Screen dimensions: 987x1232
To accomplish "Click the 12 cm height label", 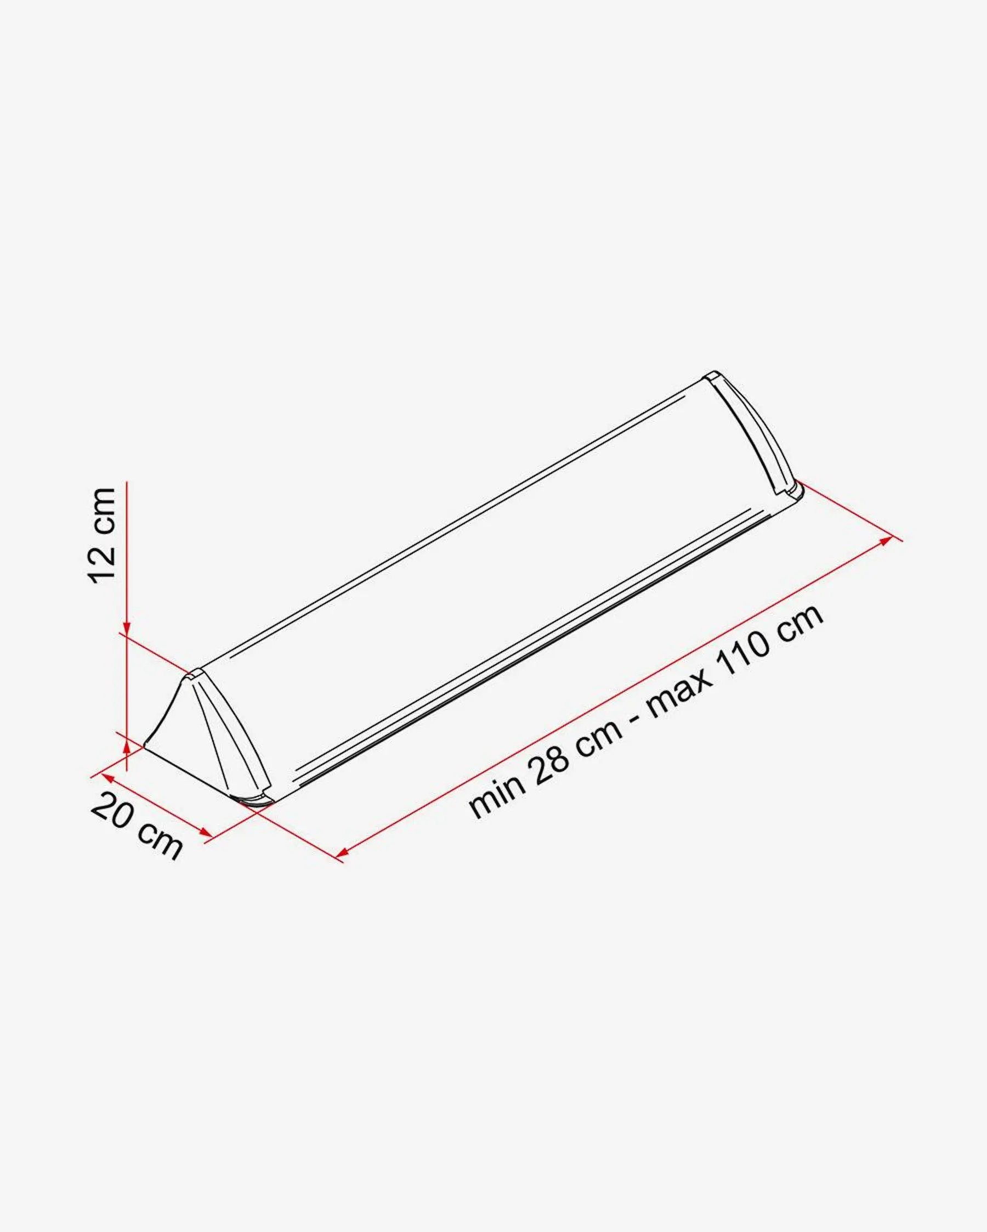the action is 103,535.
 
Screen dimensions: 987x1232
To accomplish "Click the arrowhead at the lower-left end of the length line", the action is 343,853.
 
